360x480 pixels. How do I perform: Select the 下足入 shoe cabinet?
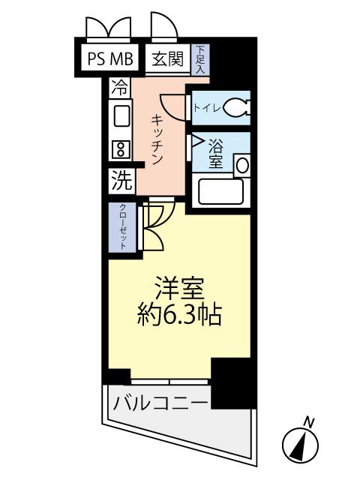tap(201, 58)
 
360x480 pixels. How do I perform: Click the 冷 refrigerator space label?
tap(118, 87)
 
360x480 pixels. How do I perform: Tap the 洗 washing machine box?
tap(120, 180)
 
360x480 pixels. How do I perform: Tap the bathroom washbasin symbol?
tap(241, 164)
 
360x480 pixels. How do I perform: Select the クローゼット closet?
tap(121, 227)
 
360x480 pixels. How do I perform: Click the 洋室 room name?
tap(178, 289)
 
